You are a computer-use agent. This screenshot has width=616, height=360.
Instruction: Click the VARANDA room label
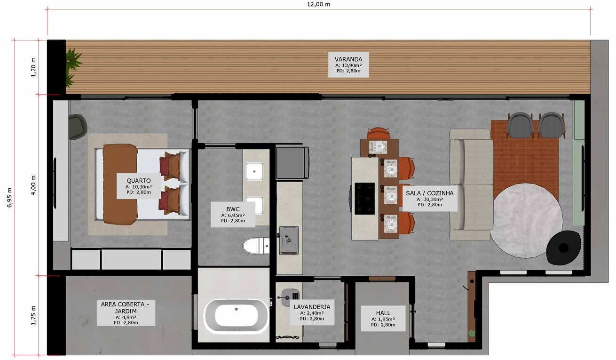[x=348, y=64]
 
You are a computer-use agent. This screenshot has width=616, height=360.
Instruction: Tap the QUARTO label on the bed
[x=139, y=186]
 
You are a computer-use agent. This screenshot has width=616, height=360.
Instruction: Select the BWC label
[x=233, y=215]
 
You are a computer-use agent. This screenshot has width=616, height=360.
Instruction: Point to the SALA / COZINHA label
[x=430, y=199]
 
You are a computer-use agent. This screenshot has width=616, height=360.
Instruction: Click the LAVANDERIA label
[x=312, y=312]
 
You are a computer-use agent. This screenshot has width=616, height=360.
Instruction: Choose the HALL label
[x=383, y=319]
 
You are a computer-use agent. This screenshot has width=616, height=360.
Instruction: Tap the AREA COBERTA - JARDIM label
[x=126, y=313]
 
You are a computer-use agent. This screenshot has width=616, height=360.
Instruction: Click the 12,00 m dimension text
[x=318, y=4]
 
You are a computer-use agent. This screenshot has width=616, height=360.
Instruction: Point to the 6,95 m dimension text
[x=9, y=197]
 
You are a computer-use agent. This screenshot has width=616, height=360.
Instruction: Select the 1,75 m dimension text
[x=33, y=315]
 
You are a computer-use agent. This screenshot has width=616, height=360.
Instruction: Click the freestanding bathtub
[x=236, y=316]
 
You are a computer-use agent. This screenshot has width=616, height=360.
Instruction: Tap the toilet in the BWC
[x=256, y=246]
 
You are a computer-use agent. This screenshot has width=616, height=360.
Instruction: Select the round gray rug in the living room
[x=526, y=221]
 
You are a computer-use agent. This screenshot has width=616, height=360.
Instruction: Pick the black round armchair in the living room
[x=563, y=248]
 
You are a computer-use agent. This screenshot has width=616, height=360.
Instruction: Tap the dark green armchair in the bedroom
[x=77, y=127]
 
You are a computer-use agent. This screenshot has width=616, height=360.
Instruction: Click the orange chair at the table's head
[x=379, y=133]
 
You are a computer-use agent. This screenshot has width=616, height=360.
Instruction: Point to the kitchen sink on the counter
[x=289, y=240]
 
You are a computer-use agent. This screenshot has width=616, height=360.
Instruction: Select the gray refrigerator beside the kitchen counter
[x=292, y=163]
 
